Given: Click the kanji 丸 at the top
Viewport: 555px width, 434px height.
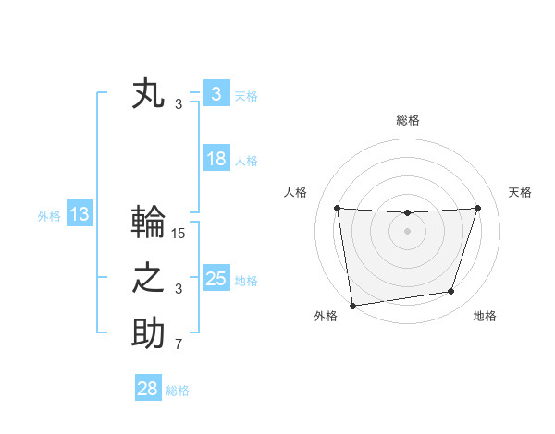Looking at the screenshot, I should tap(149, 95).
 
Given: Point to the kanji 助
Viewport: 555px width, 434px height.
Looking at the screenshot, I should tap(149, 334).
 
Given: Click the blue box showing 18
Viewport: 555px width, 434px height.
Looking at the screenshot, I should tap(216, 159).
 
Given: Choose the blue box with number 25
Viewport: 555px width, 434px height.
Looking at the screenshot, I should tap(216, 279).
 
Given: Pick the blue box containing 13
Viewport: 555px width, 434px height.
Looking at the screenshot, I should tap(79, 215).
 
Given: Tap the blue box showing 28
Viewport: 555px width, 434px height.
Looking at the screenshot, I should tap(147, 389).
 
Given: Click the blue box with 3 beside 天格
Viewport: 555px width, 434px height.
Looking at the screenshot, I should tap(216, 94).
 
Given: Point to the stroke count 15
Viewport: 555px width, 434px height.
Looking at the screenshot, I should tap(179, 234).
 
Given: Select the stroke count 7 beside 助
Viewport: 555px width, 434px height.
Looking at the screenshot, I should tap(179, 345).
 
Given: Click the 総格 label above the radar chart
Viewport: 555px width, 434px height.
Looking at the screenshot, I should tap(407, 120).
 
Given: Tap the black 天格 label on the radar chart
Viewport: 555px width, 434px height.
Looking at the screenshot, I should tap(520, 192).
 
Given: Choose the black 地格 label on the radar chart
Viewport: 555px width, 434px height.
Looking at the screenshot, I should tap(485, 316).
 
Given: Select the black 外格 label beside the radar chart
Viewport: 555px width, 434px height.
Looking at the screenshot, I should tap(326, 316).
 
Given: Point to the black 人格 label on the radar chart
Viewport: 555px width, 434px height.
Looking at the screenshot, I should tap(295, 192).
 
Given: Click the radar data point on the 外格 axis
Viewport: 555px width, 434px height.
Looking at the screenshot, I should tap(352, 305).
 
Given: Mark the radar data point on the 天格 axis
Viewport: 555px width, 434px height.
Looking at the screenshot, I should tap(477, 208).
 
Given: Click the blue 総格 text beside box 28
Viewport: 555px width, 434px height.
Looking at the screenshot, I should tap(178, 391).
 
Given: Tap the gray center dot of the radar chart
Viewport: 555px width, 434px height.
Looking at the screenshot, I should tap(407, 231).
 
